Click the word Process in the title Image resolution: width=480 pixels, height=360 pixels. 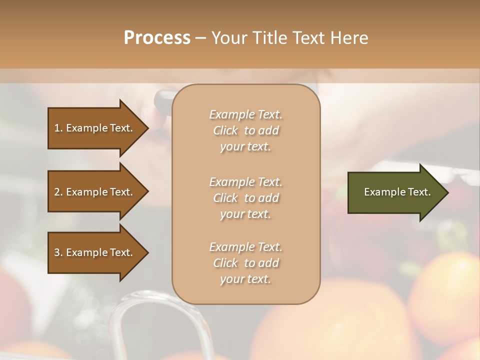[157, 38]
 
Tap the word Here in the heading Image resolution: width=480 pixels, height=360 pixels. [349, 38]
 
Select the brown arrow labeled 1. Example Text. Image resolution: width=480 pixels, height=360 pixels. [95, 128]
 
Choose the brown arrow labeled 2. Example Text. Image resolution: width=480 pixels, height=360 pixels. [95, 192]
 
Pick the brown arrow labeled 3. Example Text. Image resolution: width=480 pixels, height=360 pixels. [95, 252]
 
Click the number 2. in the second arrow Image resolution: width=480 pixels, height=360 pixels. [58, 192]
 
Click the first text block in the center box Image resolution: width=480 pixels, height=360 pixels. [245, 130]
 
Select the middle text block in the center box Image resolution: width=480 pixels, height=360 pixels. [245, 198]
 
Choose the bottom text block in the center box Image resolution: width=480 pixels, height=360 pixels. [245, 263]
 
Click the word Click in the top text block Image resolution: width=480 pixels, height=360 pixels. [225, 130]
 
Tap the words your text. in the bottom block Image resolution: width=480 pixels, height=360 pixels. [245, 279]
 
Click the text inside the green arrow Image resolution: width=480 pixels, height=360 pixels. [397, 192]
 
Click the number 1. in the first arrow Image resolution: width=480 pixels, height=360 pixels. [58, 128]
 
